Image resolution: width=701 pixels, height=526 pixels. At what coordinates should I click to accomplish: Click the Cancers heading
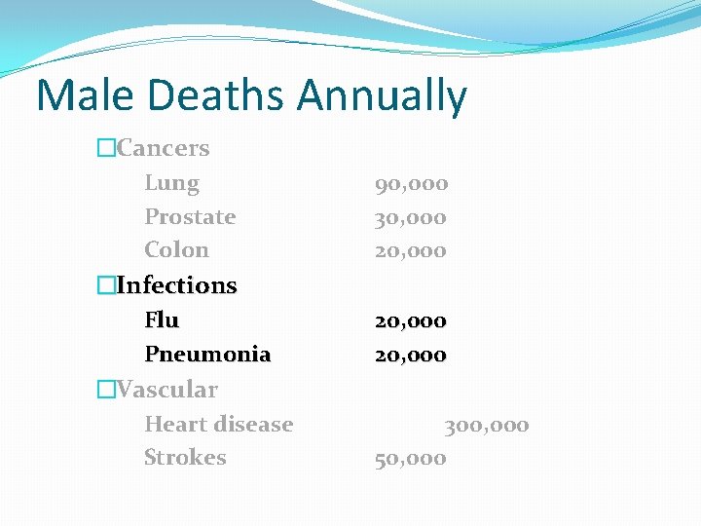(x=163, y=148)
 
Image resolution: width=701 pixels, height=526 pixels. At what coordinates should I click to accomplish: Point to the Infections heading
(x=176, y=285)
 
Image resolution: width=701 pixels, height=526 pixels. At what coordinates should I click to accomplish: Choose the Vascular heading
(x=166, y=390)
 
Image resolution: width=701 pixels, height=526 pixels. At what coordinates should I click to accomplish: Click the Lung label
(x=171, y=183)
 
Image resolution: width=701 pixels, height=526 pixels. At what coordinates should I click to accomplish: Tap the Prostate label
(x=190, y=216)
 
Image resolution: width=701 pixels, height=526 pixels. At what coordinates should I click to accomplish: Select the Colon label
(x=176, y=249)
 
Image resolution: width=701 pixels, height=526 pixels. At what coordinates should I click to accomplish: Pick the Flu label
(x=162, y=319)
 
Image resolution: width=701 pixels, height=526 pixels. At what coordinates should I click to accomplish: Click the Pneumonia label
(x=207, y=354)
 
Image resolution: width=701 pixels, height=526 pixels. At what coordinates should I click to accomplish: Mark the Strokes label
(x=185, y=457)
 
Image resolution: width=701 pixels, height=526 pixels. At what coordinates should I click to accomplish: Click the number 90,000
(x=411, y=183)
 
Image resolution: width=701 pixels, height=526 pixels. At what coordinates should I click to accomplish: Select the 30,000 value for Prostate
(x=411, y=216)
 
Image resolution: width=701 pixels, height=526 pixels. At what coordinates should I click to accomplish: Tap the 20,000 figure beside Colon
(x=411, y=249)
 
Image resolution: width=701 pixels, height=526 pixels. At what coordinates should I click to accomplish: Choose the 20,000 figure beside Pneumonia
(x=411, y=354)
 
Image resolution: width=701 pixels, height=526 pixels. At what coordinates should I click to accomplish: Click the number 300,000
(x=487, y=425)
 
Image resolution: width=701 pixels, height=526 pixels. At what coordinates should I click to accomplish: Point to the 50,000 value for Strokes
(x=411, y=458)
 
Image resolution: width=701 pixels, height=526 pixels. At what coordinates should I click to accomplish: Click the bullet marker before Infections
(x=105, y=285)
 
